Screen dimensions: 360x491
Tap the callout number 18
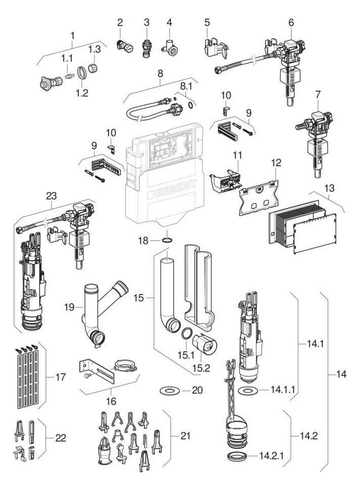click(x=144, y=240)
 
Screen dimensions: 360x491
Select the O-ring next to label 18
click(x=167, y=240)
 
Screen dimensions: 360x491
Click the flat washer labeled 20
click(x=169, y=390)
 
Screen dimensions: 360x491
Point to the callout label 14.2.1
click(x=272, y=456)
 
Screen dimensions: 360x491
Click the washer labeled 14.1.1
click(x=247, y=390)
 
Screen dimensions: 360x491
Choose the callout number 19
click(x=69, y=307)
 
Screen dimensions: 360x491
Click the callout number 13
click(x=329, y=188)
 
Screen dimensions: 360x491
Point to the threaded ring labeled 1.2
click(x=82, y=74)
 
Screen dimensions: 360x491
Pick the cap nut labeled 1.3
click(x=93, y=68)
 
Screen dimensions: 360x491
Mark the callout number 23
click(x=52, y=196)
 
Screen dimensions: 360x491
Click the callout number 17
click(x=61, y=377)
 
